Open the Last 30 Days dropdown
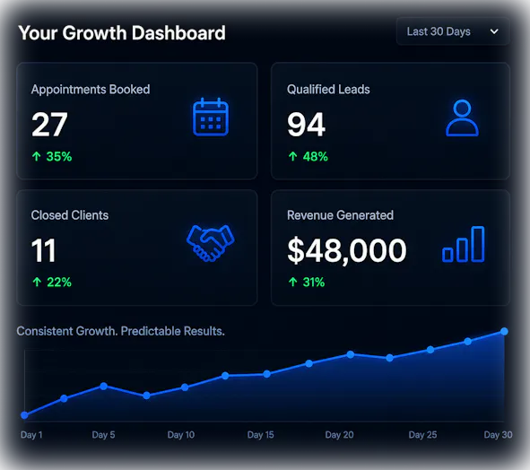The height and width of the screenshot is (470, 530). [453, 31]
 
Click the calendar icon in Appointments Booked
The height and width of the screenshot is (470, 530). [211, 117]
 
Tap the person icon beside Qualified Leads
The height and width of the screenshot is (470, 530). [462, 117]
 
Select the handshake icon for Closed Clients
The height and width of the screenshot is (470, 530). [210, 243]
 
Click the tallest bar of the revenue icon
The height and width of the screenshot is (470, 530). [478, 244]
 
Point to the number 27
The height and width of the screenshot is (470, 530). [49, 125]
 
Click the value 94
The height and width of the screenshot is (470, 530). [306, 125]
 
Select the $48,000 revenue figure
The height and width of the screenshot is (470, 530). [347, 250]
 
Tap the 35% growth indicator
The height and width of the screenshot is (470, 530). [52, 157]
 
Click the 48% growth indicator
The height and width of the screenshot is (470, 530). [308, 157]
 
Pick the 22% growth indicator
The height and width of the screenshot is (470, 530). [52, 282]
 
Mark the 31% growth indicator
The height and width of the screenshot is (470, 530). [306, 282]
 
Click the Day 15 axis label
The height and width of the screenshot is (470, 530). [261, 434]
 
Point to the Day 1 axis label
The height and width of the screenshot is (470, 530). [31, 434]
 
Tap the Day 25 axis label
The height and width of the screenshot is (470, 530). [422, 434]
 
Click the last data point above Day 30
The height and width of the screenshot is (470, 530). [504, 331]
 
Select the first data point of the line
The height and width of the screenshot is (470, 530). [24, 415]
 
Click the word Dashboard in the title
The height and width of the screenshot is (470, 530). [178, 33]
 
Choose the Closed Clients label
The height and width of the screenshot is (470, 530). [70, 215]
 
